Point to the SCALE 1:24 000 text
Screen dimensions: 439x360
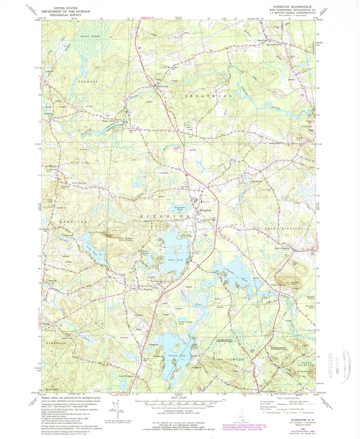coord(179,398)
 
